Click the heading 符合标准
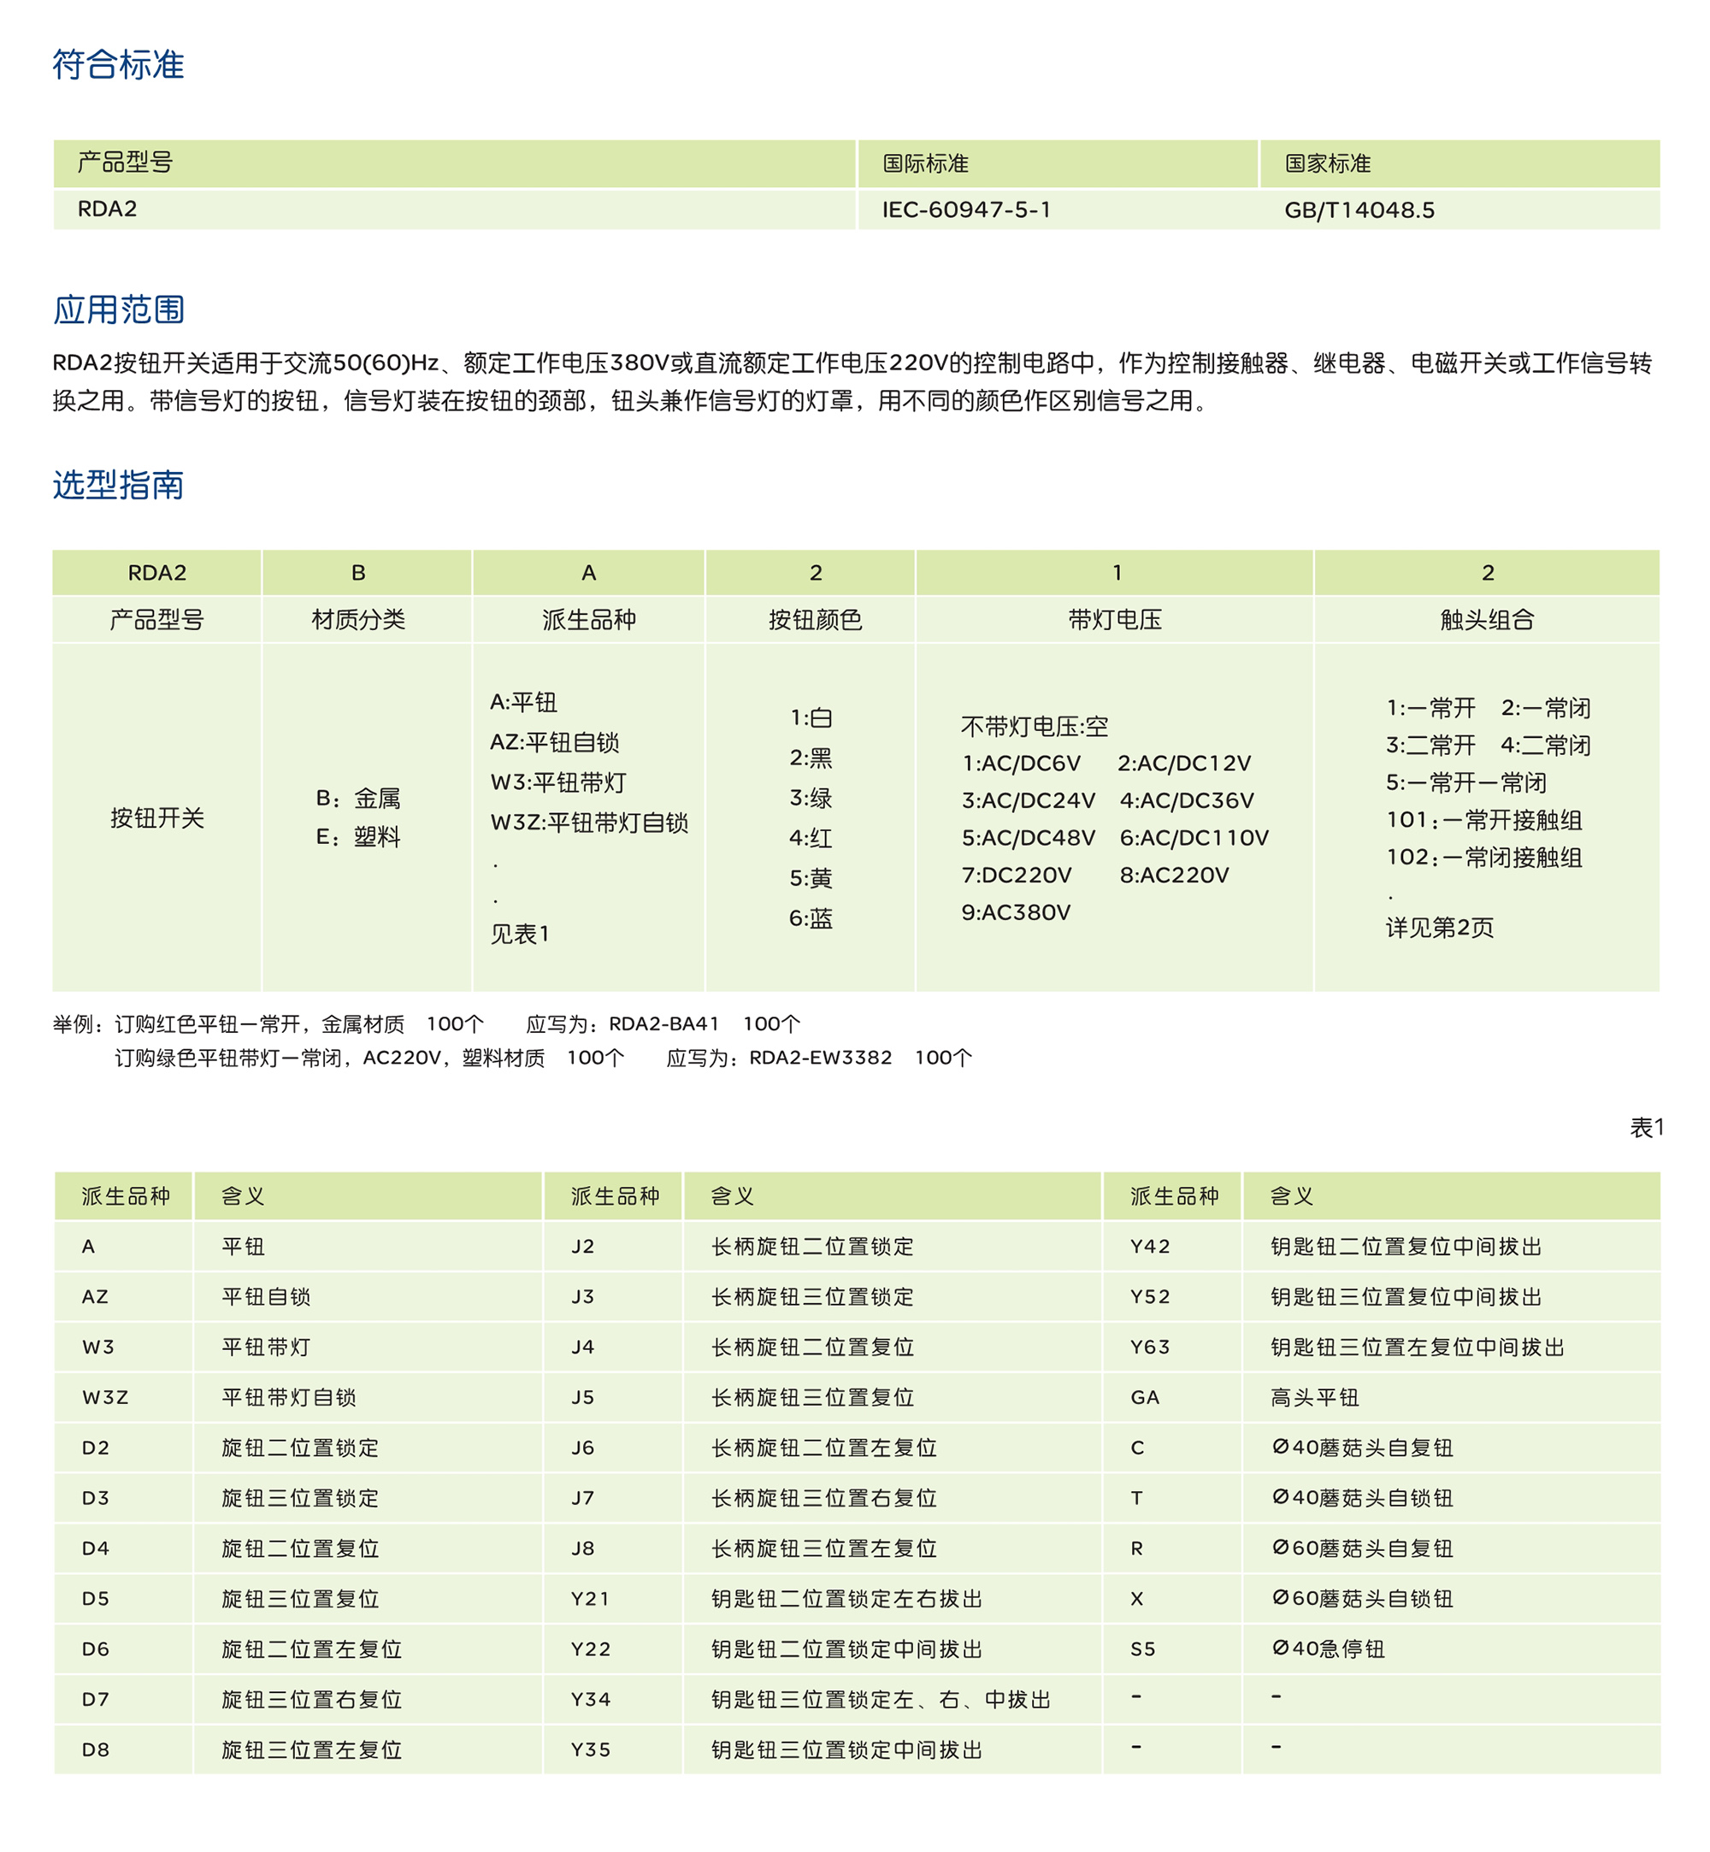coord(119,65)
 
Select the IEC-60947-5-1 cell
coord(966,210)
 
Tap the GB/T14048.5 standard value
coord(1359,210)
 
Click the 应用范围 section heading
coord(119,310)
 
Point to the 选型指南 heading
coord(119,485)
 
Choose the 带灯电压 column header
coord(1114,619)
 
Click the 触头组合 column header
coord(1486,619)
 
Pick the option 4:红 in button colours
coord(811,838)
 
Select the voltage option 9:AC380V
coord(1015,911)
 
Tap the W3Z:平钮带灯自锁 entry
coord(588,822)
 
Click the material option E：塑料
coord(358,837)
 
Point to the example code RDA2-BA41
coord(663,1023)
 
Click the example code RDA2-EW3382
coord(820,1057)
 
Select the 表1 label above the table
coord(1646,1127)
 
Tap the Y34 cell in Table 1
coord(590,1699)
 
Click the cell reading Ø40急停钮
coord(1328,1649)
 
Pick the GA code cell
coord(1145,1398)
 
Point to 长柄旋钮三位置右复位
coord(823,1497)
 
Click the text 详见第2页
coord(1439,928)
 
